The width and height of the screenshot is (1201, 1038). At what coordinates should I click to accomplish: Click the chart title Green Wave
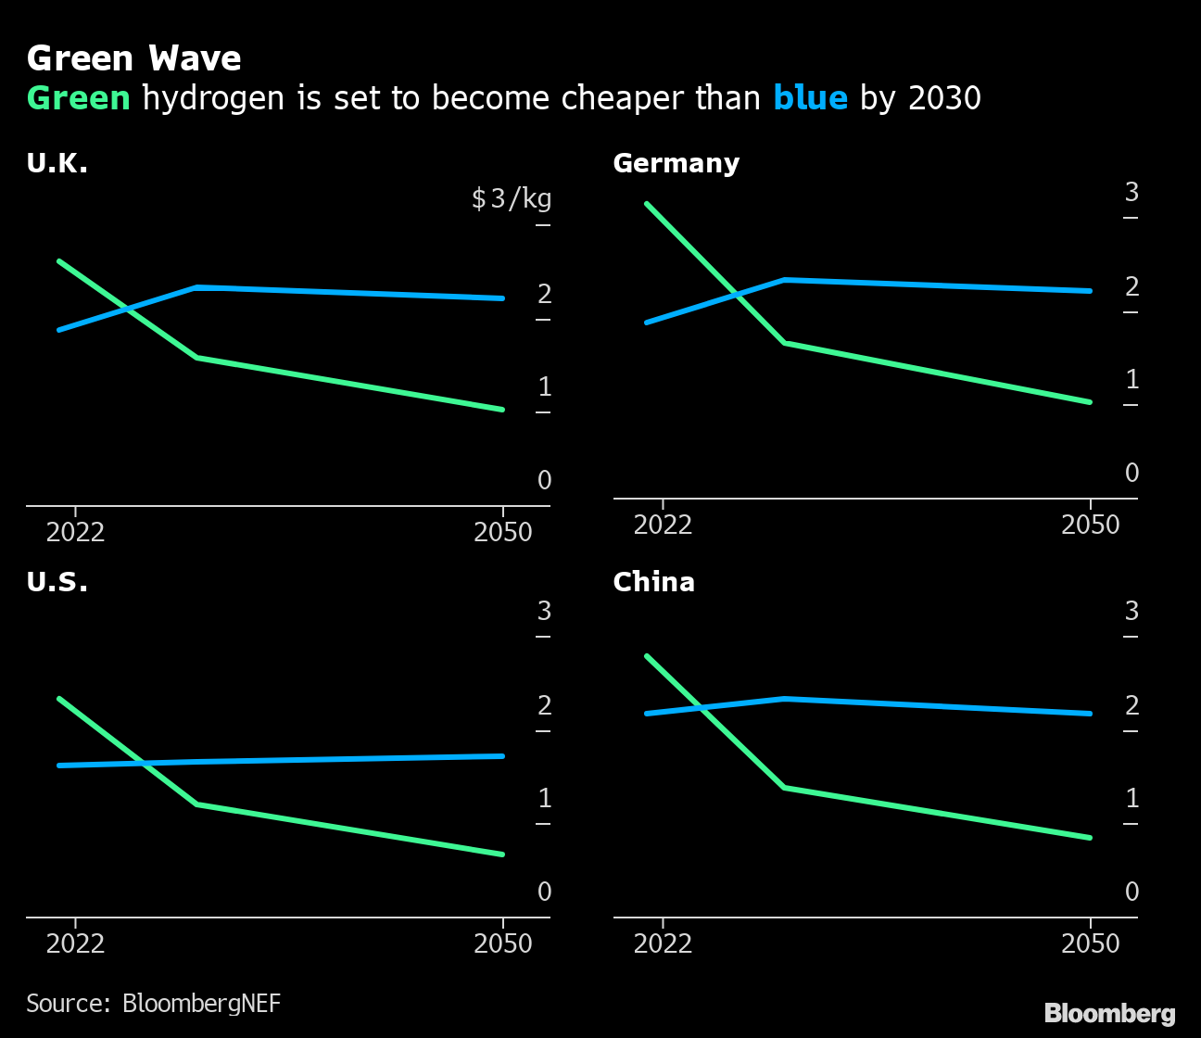pyautogui.click(x=133, y=59)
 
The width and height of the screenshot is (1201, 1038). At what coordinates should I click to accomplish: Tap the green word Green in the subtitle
pyautogui.click(x=79, y=98)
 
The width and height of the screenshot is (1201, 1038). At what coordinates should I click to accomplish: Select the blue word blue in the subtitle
pyautogui.click(x=810, y=98)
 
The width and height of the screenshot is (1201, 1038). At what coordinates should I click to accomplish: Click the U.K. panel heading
pyautogui.click(x=57, y=164)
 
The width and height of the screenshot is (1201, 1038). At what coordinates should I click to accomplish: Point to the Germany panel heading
pyautogui.click(x=676, y=164)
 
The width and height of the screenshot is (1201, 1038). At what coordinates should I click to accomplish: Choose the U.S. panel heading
pyautogui.click(x=57, y=583)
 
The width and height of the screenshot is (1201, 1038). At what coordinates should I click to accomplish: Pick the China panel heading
pyautogui.click(x=653, y=583)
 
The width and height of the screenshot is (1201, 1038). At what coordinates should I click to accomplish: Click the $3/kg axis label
pyautogui.click(x=512, y=198)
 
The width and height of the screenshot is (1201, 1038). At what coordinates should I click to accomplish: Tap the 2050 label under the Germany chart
pyautogui.click(x=1090, y=525)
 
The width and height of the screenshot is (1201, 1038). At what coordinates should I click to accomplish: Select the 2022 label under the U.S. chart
pyautogui.click(x=75, y=944)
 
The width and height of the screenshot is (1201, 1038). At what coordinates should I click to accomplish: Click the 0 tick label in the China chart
pyautogui.click(x=1131, y=892)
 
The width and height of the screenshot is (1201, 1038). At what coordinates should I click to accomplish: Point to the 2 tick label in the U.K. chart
pyautogui.click(x=545, y=295)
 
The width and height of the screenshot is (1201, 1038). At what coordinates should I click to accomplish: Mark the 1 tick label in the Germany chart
pyautogui.click(x=1131, y=380)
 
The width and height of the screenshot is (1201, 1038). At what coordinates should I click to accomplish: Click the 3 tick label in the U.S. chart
pyautogui.click(x=545, y=612)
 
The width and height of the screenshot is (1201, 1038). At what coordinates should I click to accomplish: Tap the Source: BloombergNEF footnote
pyautogui.click(x=153, y=1004)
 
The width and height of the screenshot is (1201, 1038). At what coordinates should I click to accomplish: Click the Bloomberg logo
pyautogui.click(x=1109, y=1014)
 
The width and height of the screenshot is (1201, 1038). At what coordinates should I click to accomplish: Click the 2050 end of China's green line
pyautogui.click(x=1089, y=838)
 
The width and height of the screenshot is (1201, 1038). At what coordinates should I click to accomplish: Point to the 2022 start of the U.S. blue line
pyautogui.click(x=59, y=766)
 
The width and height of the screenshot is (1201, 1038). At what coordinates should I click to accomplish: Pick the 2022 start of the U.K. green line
pyautogui.click(x=59, y=261)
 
